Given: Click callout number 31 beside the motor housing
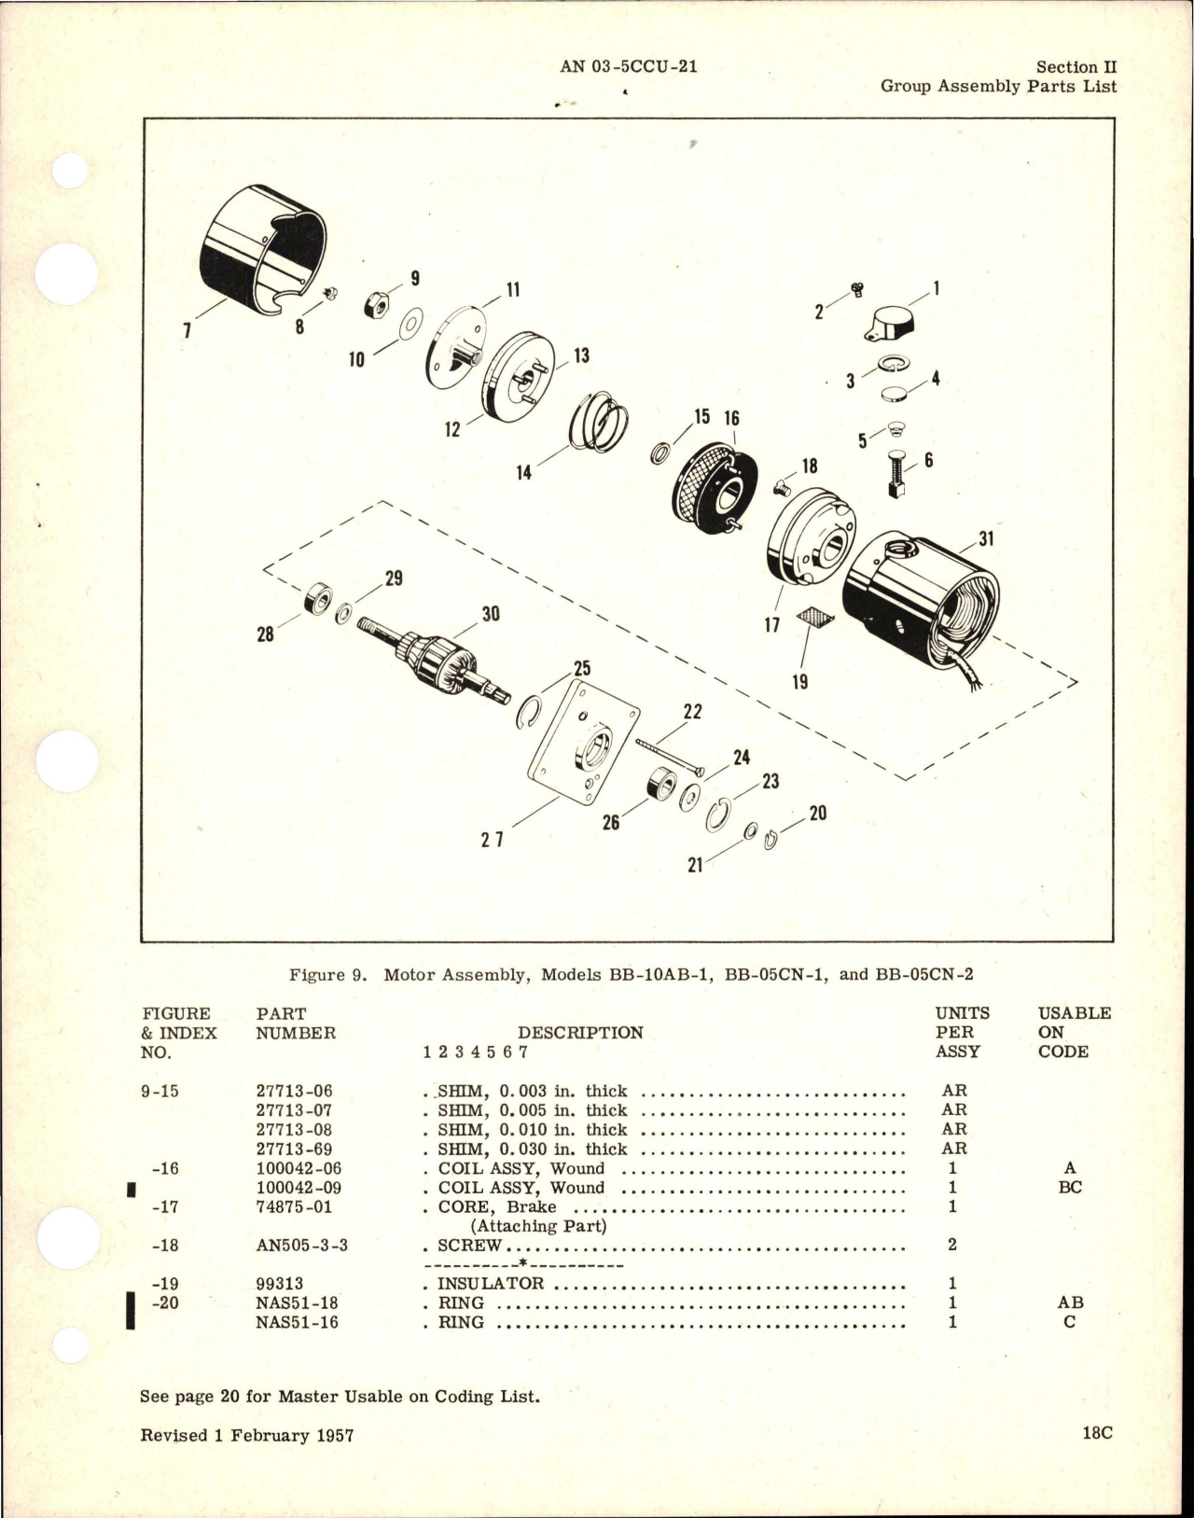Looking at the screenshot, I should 986,538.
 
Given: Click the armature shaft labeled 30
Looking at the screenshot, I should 439,658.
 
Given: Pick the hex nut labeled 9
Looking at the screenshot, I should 378,305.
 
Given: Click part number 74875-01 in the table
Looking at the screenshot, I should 293,1206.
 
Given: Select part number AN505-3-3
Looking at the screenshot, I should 300,1246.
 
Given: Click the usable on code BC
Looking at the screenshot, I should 1070,1189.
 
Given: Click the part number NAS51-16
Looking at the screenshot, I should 293,1323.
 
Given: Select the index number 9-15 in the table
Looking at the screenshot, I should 161,1091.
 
